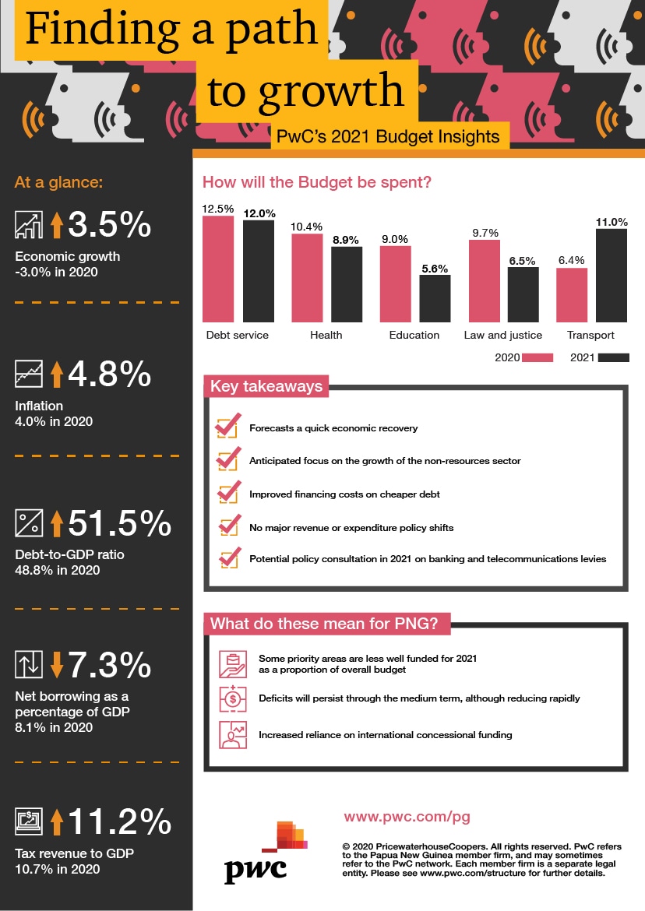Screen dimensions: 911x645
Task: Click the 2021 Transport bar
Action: [612, 275]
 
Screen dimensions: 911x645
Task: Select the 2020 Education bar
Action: [395, 283]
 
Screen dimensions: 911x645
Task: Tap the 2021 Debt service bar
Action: [259, 271]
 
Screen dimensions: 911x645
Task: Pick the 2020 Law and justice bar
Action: [484, 280]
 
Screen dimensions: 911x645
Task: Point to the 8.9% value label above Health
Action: [347, 241]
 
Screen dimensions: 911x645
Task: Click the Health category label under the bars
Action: [326, 336]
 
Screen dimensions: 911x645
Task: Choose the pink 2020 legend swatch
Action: [537, 358]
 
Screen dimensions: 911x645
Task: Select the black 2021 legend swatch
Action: [613, 358]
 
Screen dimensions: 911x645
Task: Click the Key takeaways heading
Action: [266, 387]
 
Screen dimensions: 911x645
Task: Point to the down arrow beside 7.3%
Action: [56, 665]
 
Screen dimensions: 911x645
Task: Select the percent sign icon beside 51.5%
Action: [28, 523]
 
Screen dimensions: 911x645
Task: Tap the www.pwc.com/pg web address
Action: [407, 818]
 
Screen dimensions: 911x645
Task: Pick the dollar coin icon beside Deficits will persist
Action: [233, 698]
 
